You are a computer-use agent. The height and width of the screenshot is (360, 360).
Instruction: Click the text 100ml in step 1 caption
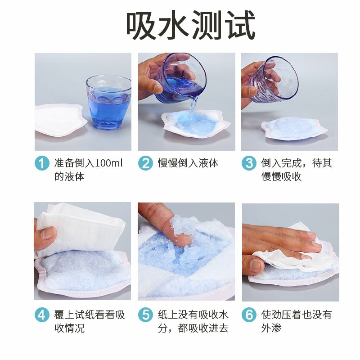[108, 163]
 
